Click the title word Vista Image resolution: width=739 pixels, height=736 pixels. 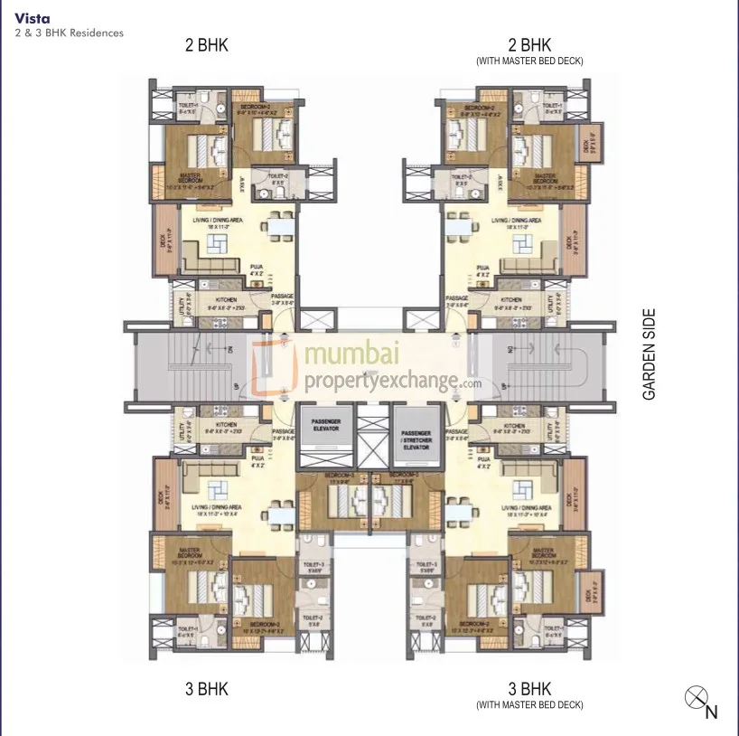[28, 17]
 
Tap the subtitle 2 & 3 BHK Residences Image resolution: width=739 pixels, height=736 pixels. [69, 33]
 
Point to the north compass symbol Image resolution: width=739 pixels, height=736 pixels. [695, 697]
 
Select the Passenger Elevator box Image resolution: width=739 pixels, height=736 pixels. [318, 424]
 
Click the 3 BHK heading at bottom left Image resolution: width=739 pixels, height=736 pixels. [206, 689]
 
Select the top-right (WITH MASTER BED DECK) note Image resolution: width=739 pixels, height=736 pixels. [529, 61]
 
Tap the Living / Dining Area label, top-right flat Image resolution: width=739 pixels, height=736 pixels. [516, 220]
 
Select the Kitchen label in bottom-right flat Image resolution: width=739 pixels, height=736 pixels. [514, 426]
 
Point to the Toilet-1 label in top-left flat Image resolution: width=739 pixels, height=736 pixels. [189, 106]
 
